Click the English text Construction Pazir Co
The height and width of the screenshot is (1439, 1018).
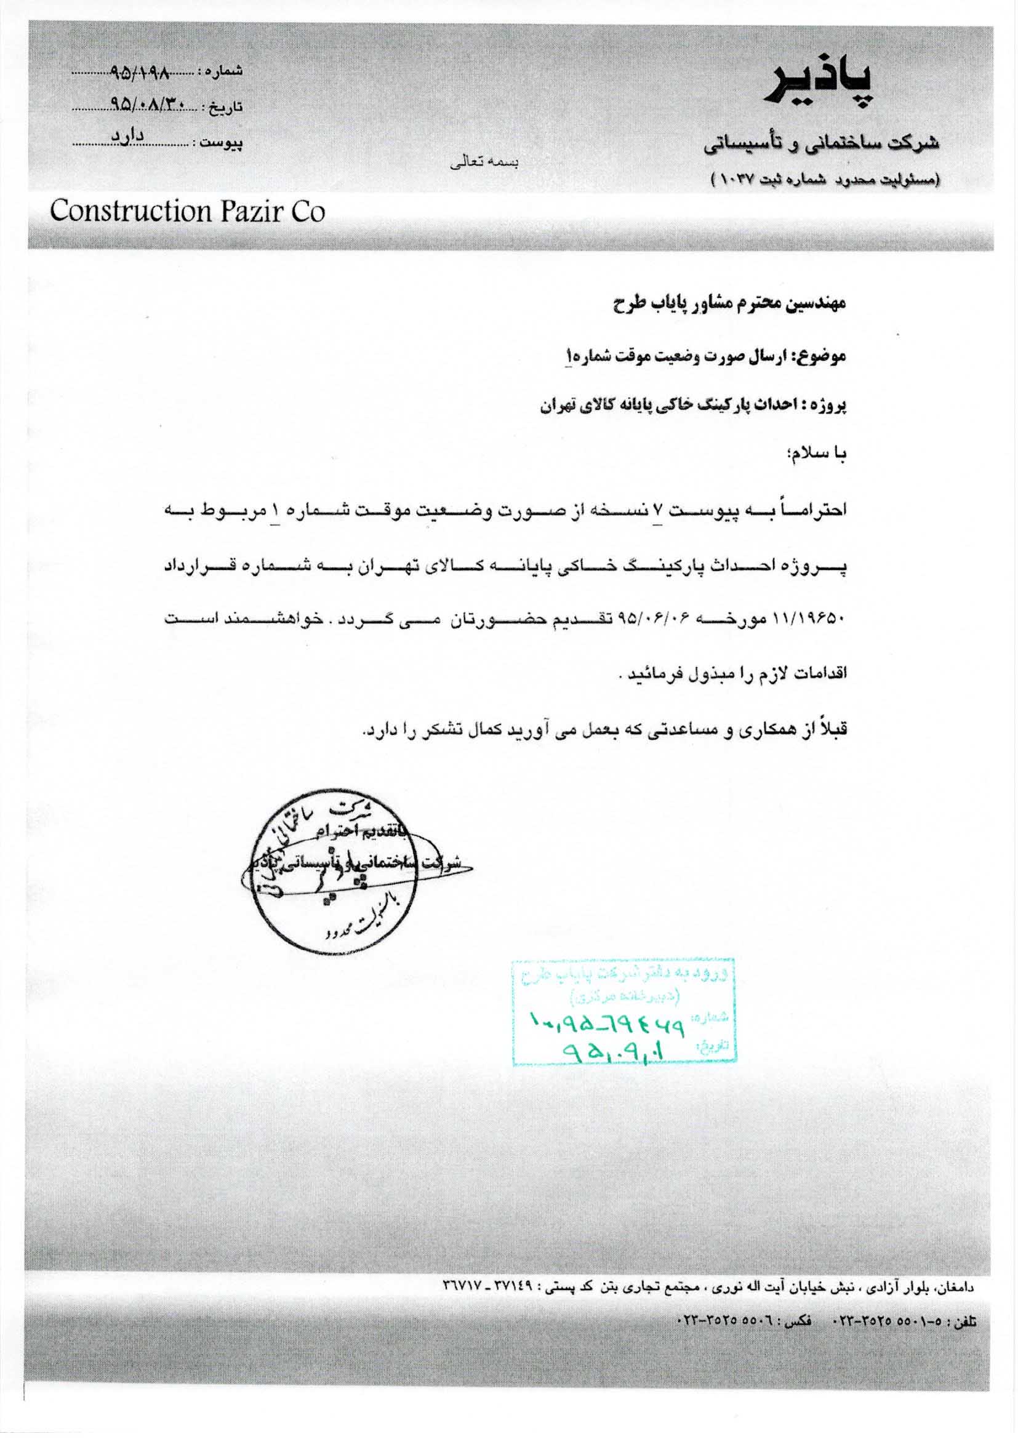tap(188, 212)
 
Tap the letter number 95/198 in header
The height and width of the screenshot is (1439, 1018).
tap(139, 73)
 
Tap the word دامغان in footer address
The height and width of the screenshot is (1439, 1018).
tap(957, 1283)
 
